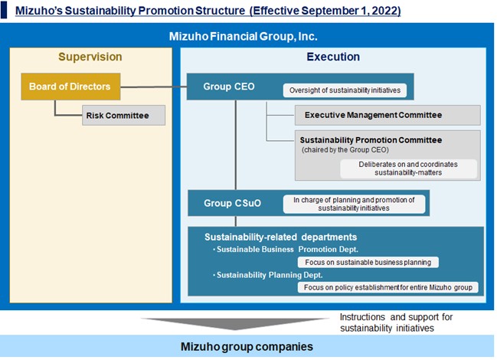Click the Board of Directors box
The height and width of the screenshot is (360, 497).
(x=70, y=87)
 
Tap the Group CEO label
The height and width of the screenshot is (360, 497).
(x=229, y=87)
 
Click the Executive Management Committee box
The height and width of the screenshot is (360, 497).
(x=387, y=115)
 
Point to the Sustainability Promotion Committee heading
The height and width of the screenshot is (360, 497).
(x=371, y=140)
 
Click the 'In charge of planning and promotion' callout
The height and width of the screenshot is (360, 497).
(x=355, y=204)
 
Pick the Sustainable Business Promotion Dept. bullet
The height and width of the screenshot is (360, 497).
(x=299, y=250)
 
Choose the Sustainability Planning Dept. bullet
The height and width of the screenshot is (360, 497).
(x=280, y=274)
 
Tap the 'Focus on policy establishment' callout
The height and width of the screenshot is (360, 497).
(x=387, y=287)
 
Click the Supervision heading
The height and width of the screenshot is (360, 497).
(x=90, y=57)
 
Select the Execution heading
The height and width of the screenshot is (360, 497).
(x=332, y=57)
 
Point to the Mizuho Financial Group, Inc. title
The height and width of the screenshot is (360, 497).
(x=243, y=36)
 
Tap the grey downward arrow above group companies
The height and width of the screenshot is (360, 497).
(x=238, y=322)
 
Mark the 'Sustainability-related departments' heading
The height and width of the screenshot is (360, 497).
(x=280, y=237)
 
